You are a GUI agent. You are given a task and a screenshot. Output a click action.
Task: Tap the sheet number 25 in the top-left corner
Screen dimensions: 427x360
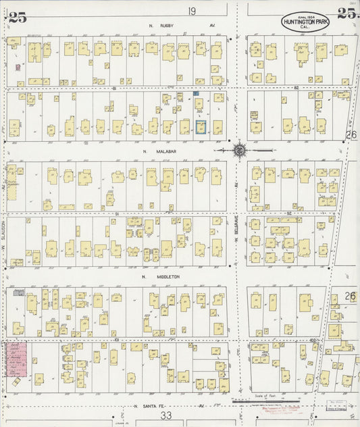pyautogui.click(x=18, y=18)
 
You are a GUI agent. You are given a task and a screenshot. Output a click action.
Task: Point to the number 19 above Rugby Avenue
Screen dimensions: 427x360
pyautogui.click(x=192, y=11)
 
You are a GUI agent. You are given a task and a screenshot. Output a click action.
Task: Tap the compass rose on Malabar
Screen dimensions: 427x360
pyautogui.click(x=239, y=150)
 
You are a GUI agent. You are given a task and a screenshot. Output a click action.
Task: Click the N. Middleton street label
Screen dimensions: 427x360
pyautogui.click(x=154, y=276)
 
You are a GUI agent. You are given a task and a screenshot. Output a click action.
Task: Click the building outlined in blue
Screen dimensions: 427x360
pyautogui.click(x=201, y=126)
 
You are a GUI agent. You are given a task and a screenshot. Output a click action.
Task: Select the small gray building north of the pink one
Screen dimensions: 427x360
pyautogui.click(x=20, y=293)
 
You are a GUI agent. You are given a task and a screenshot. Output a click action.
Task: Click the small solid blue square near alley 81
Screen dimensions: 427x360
pyautogui.click(x=196, y=93)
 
